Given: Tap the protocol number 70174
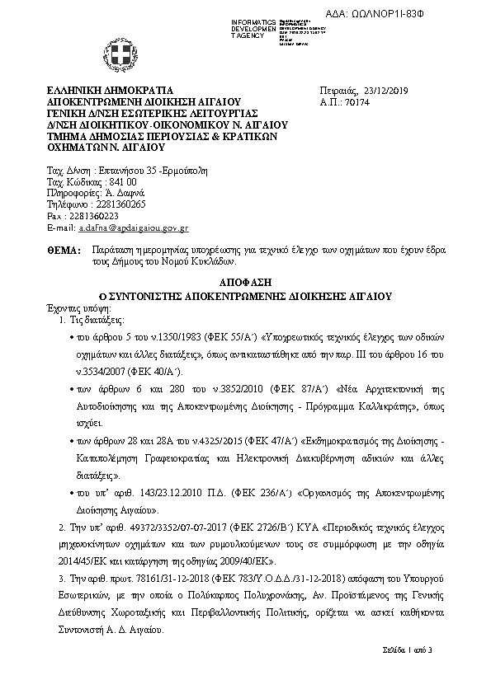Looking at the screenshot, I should [353, 101].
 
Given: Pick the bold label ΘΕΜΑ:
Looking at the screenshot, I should [64, 247].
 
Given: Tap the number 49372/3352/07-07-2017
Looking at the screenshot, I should [135, 525].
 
